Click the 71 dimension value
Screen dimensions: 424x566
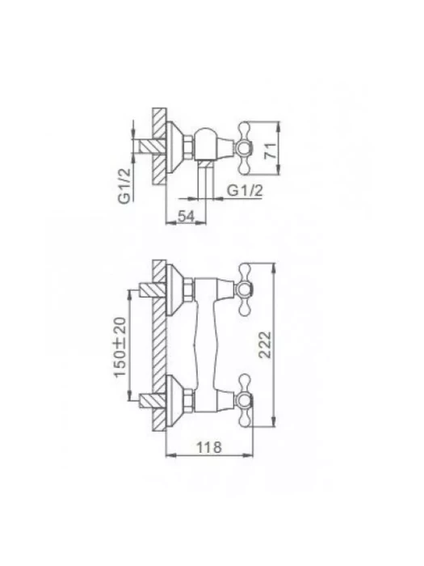pyautogui.click(x=271, y=150)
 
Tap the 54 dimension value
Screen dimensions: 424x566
pyautogui.click(x=187, y=216)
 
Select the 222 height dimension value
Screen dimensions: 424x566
pyautogui.click(x=266, y=344)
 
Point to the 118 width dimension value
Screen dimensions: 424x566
pyautogui.click(x=208, y=447)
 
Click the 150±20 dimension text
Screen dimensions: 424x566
pyautogui.click(x=121, y=347)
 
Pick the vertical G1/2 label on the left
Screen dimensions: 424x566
pyautogui.click(x=124, y=187)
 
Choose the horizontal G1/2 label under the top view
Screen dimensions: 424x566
pyautogui.click(x=245, y=190)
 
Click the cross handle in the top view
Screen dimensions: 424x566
pyautogui.click(x=244, y=148)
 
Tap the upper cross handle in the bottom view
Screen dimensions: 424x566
pyautogui.click(x=244, y=289)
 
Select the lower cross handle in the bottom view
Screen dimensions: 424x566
pyautogui.click(x=244, y=399)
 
